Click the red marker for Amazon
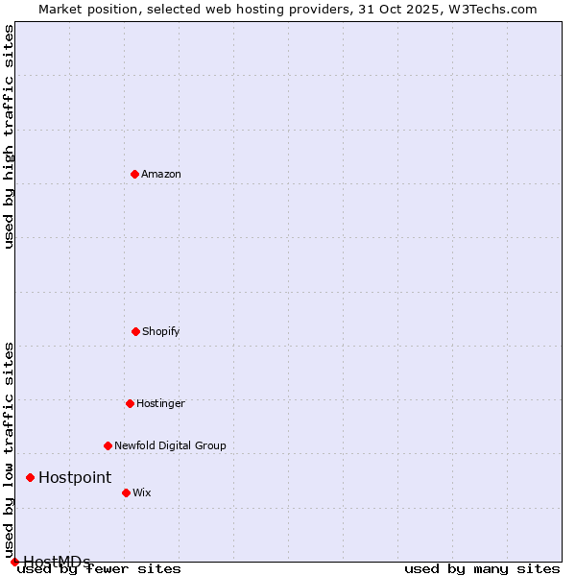click(134, 174)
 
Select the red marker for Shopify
click(135, 331)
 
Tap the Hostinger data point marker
click(130, 403)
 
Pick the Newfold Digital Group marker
click(108, 445)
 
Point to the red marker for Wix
click(126, 492)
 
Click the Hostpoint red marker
click(30, 477)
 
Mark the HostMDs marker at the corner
click(14, 562)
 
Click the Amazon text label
click(161, 174)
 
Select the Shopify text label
click(161, 331)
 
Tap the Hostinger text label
click(160, 403)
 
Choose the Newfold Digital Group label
click(170, 445)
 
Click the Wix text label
click(142, 492)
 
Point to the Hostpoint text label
click(75, 477)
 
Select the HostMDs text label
click(58, 562)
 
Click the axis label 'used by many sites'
click(482, 568)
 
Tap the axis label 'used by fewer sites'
click(100, 569)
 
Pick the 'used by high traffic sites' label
click(10, 136)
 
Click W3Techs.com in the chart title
click(492, 9)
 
